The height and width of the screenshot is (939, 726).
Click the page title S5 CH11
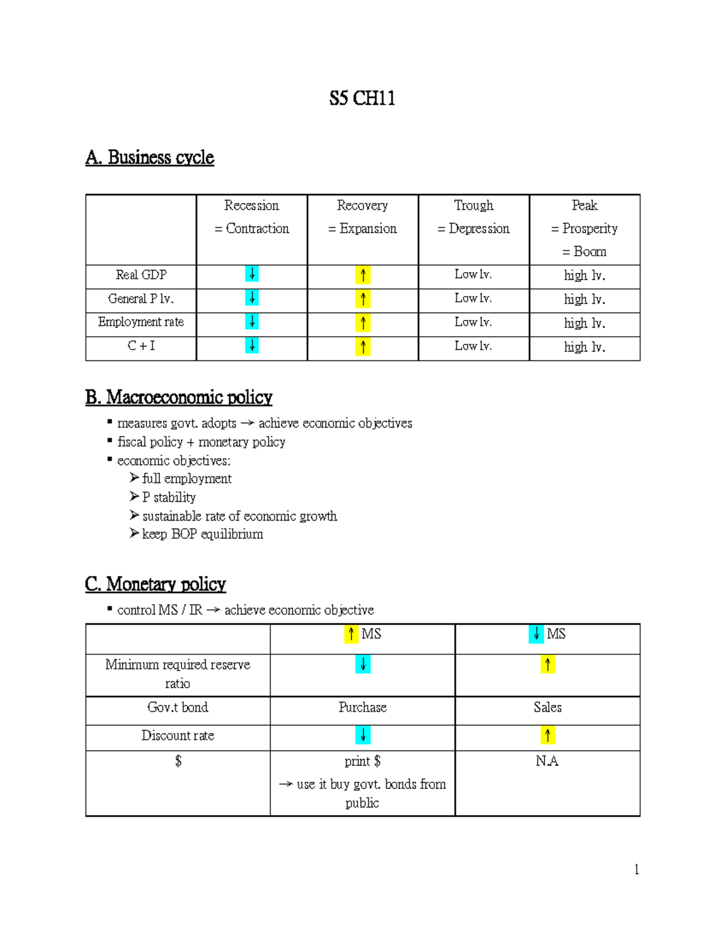(x=362, y=98)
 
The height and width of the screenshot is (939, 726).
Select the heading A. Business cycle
(x=149, y=157)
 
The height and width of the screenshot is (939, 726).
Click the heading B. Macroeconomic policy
(x=178, y=397)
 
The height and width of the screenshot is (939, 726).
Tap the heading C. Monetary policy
(x=155, y=584)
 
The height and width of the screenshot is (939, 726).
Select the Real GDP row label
(x=141, y=275)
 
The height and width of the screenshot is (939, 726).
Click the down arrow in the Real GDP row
(x=252, y=275)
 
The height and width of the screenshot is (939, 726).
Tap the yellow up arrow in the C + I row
(x=362, y=347)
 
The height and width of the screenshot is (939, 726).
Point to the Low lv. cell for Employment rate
(x=473, y=322)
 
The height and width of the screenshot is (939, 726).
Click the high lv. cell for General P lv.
(x=584, y=299)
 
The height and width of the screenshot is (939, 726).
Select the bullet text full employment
(x=186, y=479)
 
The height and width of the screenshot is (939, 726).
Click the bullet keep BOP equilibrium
(x=202, y=534)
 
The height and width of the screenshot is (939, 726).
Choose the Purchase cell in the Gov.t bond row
(x=362, y=707)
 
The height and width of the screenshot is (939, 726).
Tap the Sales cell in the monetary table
(x=548, y=707)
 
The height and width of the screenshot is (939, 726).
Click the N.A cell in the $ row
(x=547, y=761)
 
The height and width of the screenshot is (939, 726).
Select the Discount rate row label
(x=178, y=736)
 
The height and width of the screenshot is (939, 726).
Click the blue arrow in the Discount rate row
(x=362, y=736)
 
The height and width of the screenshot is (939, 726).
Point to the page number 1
(x=636, y=870)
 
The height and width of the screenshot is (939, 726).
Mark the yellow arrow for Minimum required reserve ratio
(x=548, y=665)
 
